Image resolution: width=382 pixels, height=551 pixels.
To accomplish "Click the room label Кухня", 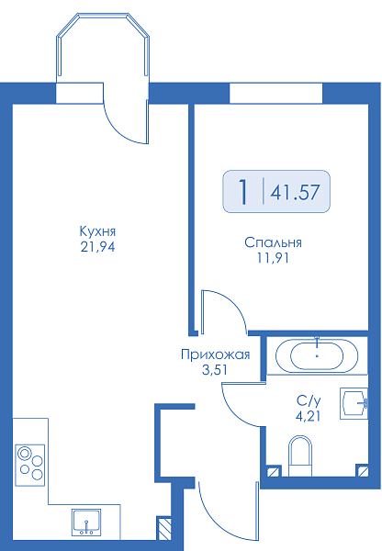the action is [97, 231].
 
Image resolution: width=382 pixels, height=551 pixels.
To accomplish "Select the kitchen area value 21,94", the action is [97, 247].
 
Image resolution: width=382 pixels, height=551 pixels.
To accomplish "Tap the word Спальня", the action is [273, 242].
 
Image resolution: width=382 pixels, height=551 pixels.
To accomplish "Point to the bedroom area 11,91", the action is [273, 258].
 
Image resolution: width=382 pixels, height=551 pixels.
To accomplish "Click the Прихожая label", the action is [216, 354].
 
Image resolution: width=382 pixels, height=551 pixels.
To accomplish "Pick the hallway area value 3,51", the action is [214, 370].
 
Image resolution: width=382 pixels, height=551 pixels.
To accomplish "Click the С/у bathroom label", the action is [309, 400].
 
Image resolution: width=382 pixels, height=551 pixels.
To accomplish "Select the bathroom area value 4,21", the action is [309, 416].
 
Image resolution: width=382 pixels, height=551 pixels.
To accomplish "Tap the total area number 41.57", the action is [295, 192].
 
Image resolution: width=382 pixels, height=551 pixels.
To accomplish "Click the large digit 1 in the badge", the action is [243, 192].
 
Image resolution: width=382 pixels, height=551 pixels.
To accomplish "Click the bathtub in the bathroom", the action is [317, 355].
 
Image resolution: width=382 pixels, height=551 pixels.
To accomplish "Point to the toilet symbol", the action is [300, 455].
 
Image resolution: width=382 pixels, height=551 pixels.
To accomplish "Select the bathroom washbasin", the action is [354, 403].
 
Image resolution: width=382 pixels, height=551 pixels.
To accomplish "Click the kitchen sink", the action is [86, 522].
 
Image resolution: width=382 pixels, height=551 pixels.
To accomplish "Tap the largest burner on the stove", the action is [24, 454].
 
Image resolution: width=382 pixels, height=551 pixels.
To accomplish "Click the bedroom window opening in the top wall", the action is [275, 93].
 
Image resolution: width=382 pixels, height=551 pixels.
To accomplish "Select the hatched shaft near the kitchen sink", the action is [163, 528].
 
